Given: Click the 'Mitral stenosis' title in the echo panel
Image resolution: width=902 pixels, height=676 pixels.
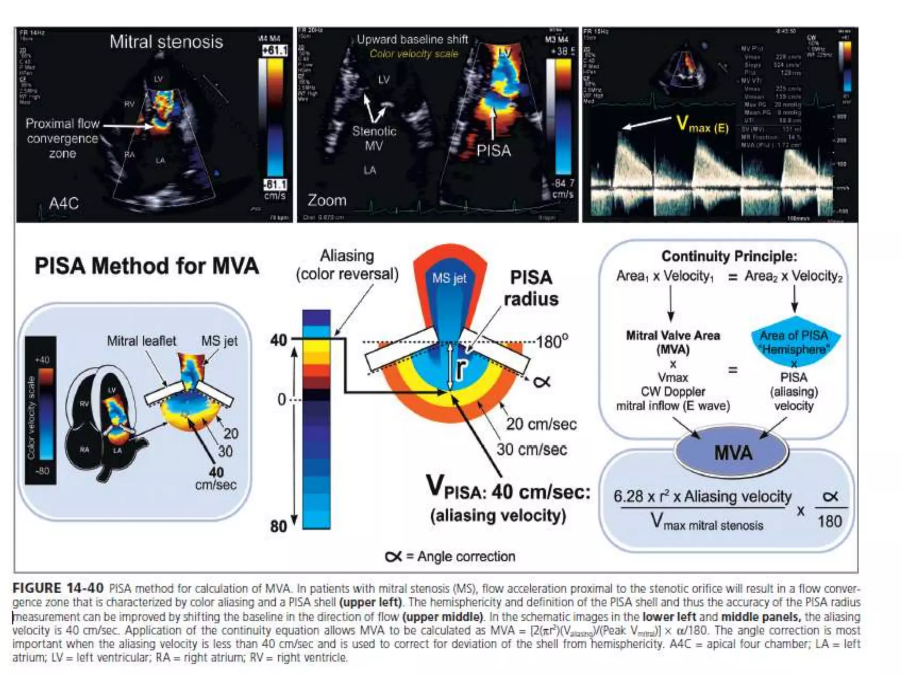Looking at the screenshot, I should click(x=166, y=42).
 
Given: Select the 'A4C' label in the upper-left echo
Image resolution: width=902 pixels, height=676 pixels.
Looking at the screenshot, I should click(x=64, y=203).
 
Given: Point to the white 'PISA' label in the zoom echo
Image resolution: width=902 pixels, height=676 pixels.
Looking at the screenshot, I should click(x=494, y=151).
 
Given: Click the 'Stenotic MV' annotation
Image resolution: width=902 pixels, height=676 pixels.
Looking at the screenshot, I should click(x=374, y=138).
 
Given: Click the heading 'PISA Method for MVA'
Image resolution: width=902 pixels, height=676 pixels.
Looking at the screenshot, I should click(x=147, y=266).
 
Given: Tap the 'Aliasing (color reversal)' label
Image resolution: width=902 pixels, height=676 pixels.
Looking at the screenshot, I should click(x=347, y=265).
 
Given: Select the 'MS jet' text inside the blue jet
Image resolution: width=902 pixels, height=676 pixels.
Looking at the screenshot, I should click(x=449, y=278).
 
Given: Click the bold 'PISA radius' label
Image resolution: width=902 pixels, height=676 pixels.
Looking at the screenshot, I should click(x=531, y=288).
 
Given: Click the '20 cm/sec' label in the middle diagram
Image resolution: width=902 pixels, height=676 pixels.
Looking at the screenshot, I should click(x=541, y=424).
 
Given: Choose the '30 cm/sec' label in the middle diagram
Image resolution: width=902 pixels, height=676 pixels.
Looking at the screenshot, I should click(x=532, y=449).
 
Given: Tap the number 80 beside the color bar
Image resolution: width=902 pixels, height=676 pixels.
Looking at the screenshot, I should click(x=278, y=526).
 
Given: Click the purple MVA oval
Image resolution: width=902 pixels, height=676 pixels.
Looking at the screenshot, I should click(x=732, y=453).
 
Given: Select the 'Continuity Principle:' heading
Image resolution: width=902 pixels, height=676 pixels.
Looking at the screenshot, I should click(x=729, y=256).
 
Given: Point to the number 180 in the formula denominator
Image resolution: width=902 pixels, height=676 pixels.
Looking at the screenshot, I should click(x=830, y=522).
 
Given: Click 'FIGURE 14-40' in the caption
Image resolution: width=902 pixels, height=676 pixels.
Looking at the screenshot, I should click(x=58, y=588).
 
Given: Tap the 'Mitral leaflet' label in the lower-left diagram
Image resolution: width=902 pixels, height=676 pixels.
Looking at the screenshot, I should click(x=141, y=341).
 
